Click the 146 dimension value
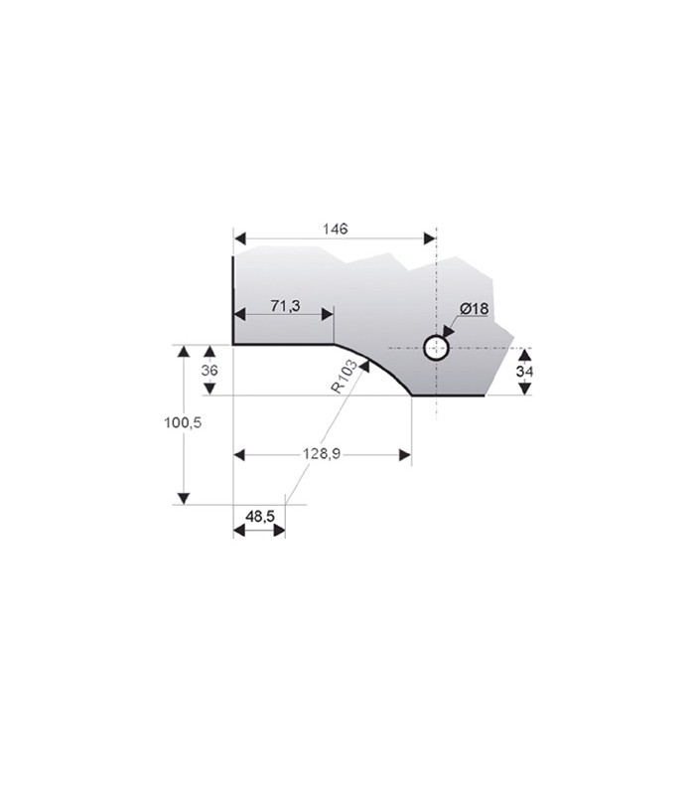click(336, 230)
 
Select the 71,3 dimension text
click(285, 306)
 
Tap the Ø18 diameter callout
click(475, 308)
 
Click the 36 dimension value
click(209, 370)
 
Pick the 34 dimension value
click(524, 372)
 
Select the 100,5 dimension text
click(183, 422)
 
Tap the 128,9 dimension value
click(322, 454)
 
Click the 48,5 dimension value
click(260, 517)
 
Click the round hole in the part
click(436, 348)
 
